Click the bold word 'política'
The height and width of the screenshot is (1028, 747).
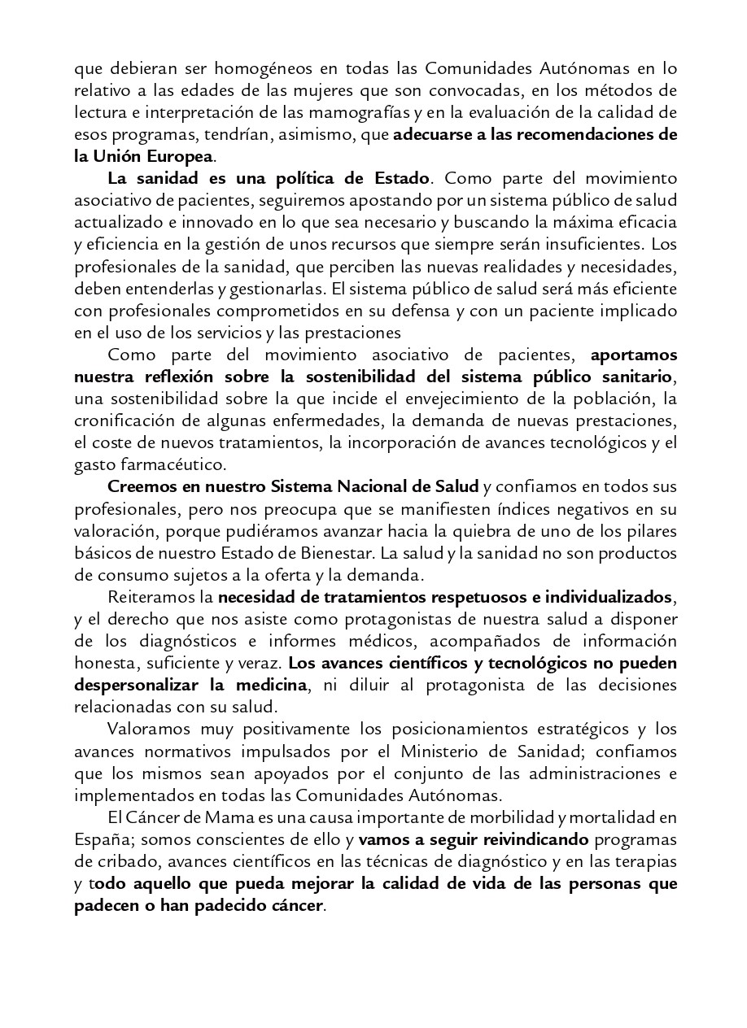click(275, 177)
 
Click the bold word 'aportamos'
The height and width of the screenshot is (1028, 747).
click(633, 355)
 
